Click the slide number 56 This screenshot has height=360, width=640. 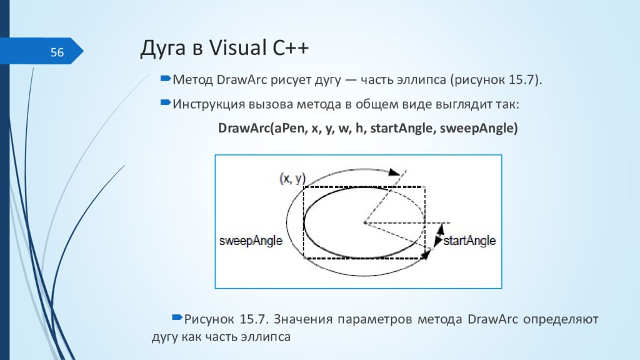click(x=57, y=52)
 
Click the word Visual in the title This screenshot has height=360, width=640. click(x=237, y=47)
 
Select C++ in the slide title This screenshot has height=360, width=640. click(x=291, y=47)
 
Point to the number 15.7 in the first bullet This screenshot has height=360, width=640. click(x=521, y=79)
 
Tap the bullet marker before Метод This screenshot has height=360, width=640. click(x=165, y=78)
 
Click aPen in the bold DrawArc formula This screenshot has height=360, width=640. click(x=290, y=128)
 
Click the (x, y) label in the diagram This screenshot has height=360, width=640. click(x=292, y=178)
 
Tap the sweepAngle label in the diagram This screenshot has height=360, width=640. click(x=251, y=241)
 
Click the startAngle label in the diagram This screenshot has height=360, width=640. click(x=469, y=241)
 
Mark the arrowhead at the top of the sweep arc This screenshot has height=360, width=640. click(x=394, y=172)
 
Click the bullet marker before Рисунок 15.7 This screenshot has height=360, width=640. click(x=177, y=317)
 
